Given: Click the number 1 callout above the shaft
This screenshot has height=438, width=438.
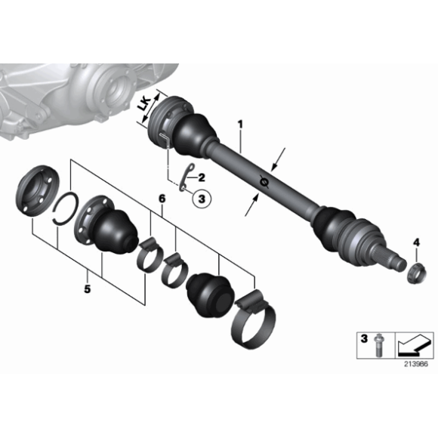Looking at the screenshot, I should (x=241, y=122).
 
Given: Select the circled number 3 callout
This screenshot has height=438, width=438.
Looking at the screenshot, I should (x=202, y=199).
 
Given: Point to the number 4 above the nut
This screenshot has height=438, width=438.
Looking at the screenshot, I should (x=415, y=242).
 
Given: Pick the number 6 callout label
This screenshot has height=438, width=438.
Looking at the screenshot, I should (x=161, y=198).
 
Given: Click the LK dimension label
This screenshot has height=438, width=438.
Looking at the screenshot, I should (x=145, y=109).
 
